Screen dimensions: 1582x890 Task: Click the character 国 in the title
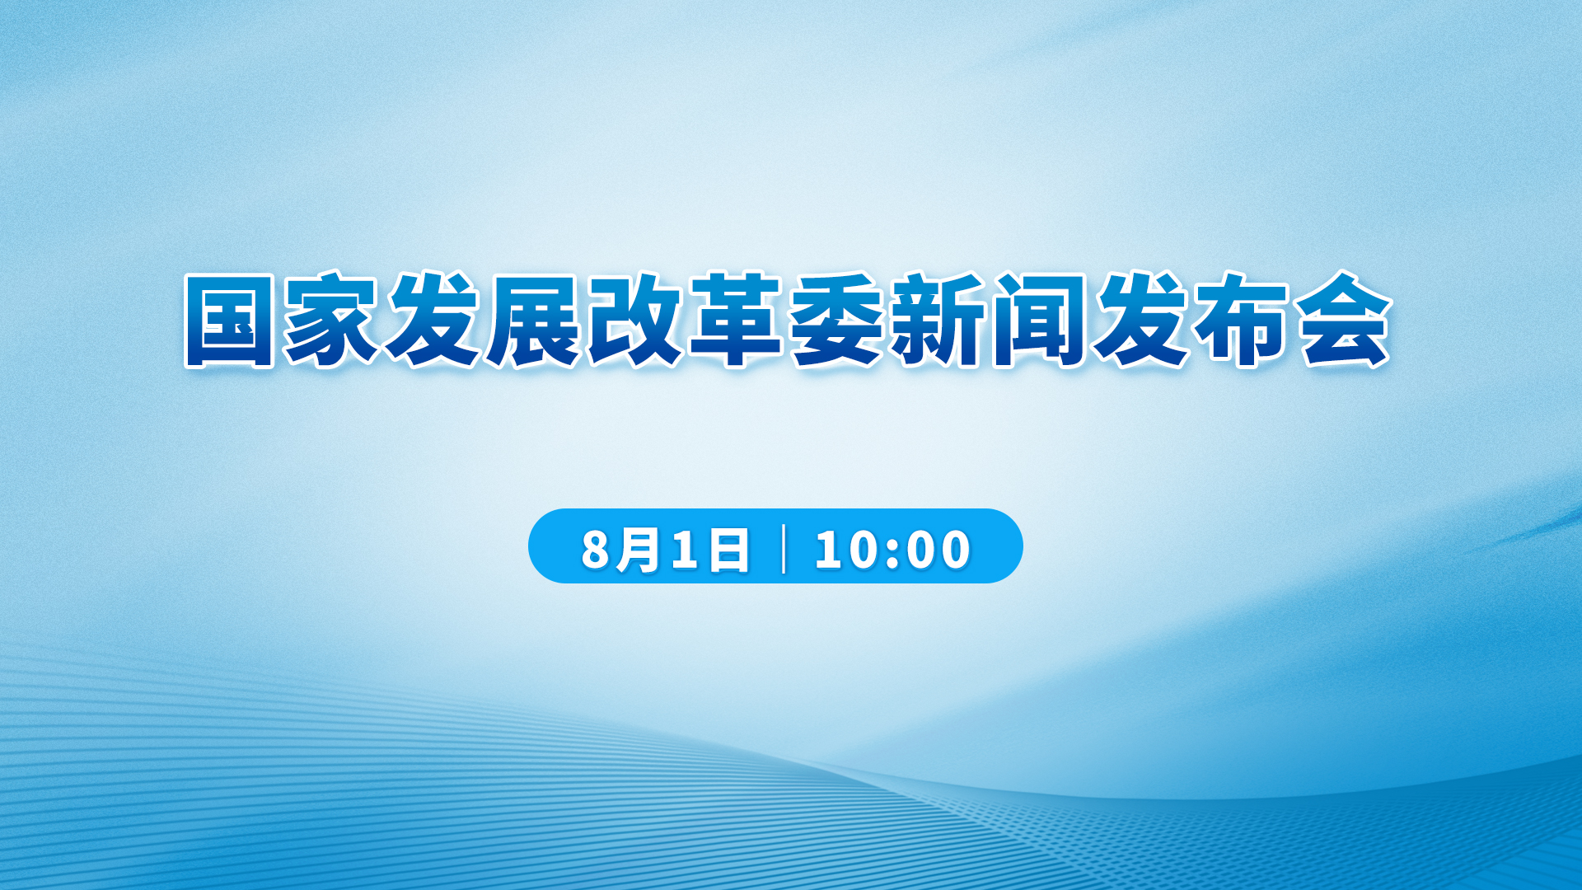(229, 320)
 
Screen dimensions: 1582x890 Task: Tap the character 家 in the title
(330, 320)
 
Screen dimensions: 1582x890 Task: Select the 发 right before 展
(432, 320)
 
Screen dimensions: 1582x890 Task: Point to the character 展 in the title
(533, 320)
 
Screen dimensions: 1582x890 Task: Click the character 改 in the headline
(634, 320)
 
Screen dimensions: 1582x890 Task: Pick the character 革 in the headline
(736, 320)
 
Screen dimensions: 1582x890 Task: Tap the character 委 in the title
(837, 320)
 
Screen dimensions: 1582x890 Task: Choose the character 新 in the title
(938, 320)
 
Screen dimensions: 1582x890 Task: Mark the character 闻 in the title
(1039, 320)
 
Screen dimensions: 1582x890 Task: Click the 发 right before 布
(1141, 320)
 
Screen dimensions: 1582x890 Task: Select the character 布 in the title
(1243, 320)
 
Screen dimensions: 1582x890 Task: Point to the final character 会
(1344, 320)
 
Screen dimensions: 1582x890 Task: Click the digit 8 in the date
(595, 550)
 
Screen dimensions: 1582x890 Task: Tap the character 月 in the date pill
(639, 550)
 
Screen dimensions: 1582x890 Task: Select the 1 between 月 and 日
(685, 550)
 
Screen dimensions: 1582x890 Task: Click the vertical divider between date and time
(783, 548)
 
